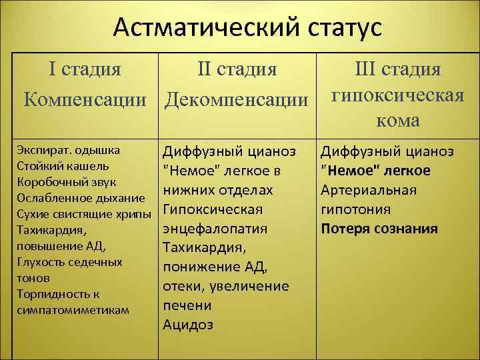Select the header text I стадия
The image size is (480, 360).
tap(85, 70)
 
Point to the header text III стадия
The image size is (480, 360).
tap(397, 70)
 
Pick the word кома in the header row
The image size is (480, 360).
tap(397, 120)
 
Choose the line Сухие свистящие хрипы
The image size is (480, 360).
tap(84, 214)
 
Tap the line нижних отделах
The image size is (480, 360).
tap(217, 191)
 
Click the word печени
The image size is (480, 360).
tap(187, 306)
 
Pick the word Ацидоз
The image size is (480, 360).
tap(188, 325)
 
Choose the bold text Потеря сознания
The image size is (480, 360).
tap(379, 229)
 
